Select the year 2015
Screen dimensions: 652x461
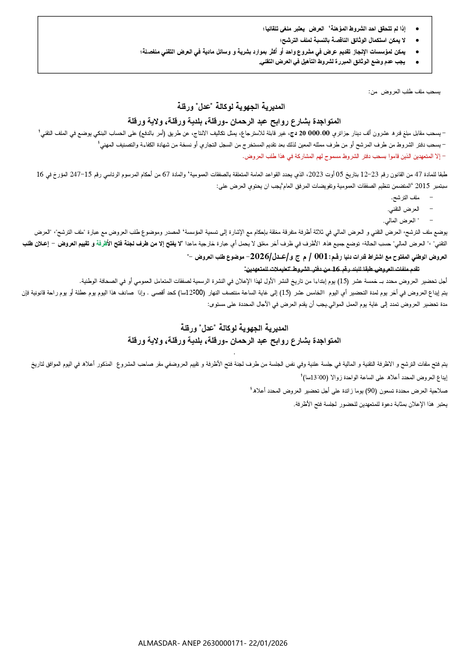pyautogui.click(x=422, y=186)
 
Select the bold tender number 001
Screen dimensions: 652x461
pyautogui.click(x=322, y=256)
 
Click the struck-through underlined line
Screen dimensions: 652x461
pyautogui.click(x=332, y=269)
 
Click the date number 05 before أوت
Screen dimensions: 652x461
pyautogui.click(x=340, y=174)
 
